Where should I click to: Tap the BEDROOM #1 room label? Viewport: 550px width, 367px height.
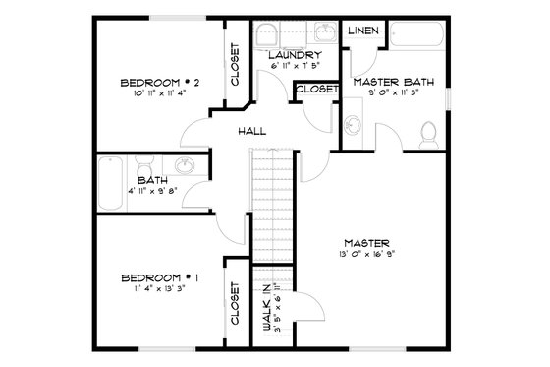[x=160, y=277]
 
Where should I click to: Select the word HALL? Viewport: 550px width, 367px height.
[x=252, y=131]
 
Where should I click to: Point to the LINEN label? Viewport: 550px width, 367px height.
[x=362, y=31]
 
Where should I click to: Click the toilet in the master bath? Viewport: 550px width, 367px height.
[x=427, y=133]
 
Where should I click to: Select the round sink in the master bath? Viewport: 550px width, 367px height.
[x=353, y=126]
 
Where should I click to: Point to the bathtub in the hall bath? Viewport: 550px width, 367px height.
[x=110, y=182]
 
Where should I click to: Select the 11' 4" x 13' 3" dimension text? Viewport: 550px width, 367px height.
[x=159, y=290]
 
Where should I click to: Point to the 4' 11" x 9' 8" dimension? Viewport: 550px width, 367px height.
[x=152, y=193]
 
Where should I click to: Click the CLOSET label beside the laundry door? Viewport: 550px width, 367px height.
[x=316, y=89]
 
